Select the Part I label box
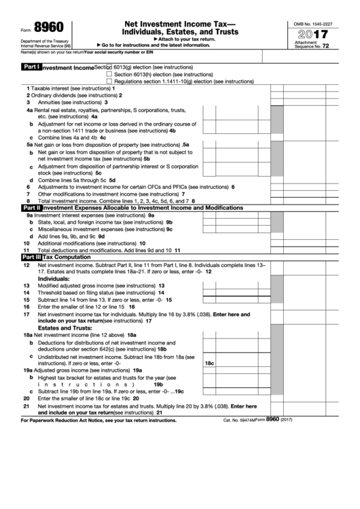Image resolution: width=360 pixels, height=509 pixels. click(x=31, y=68)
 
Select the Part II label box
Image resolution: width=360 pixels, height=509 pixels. click(x=31, y=207)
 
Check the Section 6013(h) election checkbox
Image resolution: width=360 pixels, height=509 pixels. click(x=109, y=74)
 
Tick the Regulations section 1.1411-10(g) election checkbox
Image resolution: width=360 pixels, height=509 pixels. click(x=109, y=80)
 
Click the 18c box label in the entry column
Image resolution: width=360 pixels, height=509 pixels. click(x=210, y=364)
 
